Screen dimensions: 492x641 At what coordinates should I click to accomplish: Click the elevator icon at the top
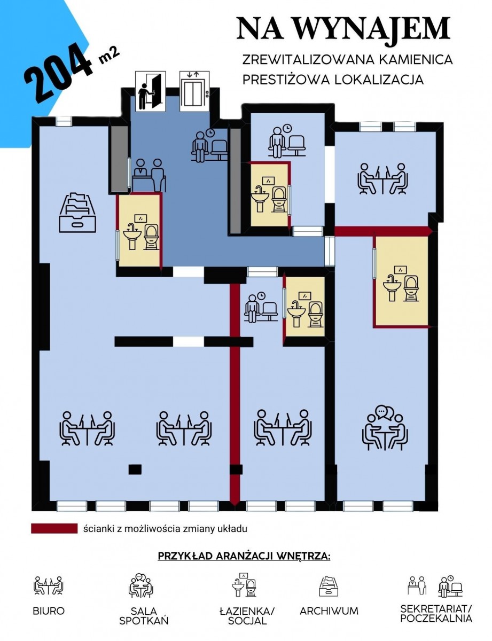point(194,91)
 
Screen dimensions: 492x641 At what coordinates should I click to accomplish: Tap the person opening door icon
point(150,91)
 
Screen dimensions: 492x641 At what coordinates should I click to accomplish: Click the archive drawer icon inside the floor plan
point(77,213)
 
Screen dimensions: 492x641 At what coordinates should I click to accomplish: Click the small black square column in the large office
point(135,468)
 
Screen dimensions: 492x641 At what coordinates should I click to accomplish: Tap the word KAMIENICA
point(415,60)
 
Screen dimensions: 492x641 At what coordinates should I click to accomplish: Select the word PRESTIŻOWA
point(285,79)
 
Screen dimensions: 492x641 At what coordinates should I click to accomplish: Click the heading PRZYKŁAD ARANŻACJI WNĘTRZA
point(244,556)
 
